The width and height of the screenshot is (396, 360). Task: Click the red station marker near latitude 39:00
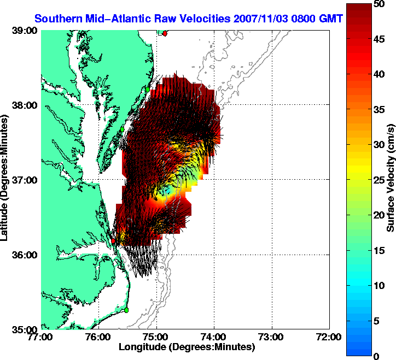165,33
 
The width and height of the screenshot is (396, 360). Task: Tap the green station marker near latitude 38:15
148,88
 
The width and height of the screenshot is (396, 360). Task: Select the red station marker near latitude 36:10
113,240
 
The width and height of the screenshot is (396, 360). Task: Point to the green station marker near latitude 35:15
126,310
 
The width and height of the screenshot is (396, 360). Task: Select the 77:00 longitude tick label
42,337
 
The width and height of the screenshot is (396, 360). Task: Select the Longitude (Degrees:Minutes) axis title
186,347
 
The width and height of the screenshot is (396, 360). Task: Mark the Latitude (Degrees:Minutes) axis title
5,180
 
